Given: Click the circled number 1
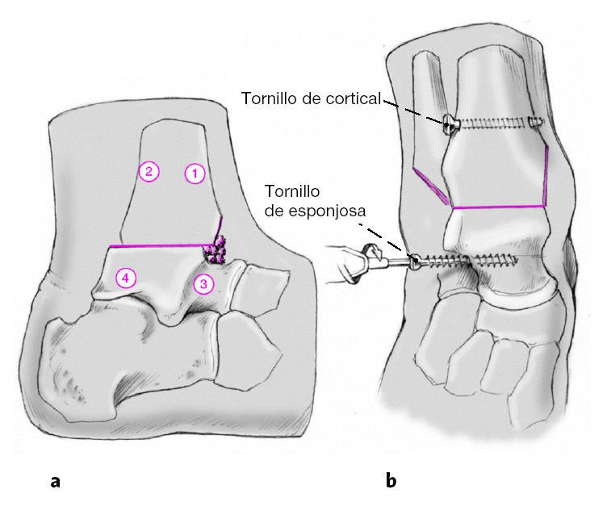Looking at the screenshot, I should click(x=195, y=172).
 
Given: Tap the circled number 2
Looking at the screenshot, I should click(x=149, y=171).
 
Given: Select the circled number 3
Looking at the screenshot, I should click(x=203, y=283).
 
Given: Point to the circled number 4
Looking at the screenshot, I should click(x=124, y=278).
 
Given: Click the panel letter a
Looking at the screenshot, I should click(x=55, y=481).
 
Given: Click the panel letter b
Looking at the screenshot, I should click(x=391, y=481).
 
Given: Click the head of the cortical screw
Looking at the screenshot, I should click(x=449, y=123).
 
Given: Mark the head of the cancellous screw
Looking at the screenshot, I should click(x=415, y=260).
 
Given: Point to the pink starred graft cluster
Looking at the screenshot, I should click(x=215, y=252).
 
